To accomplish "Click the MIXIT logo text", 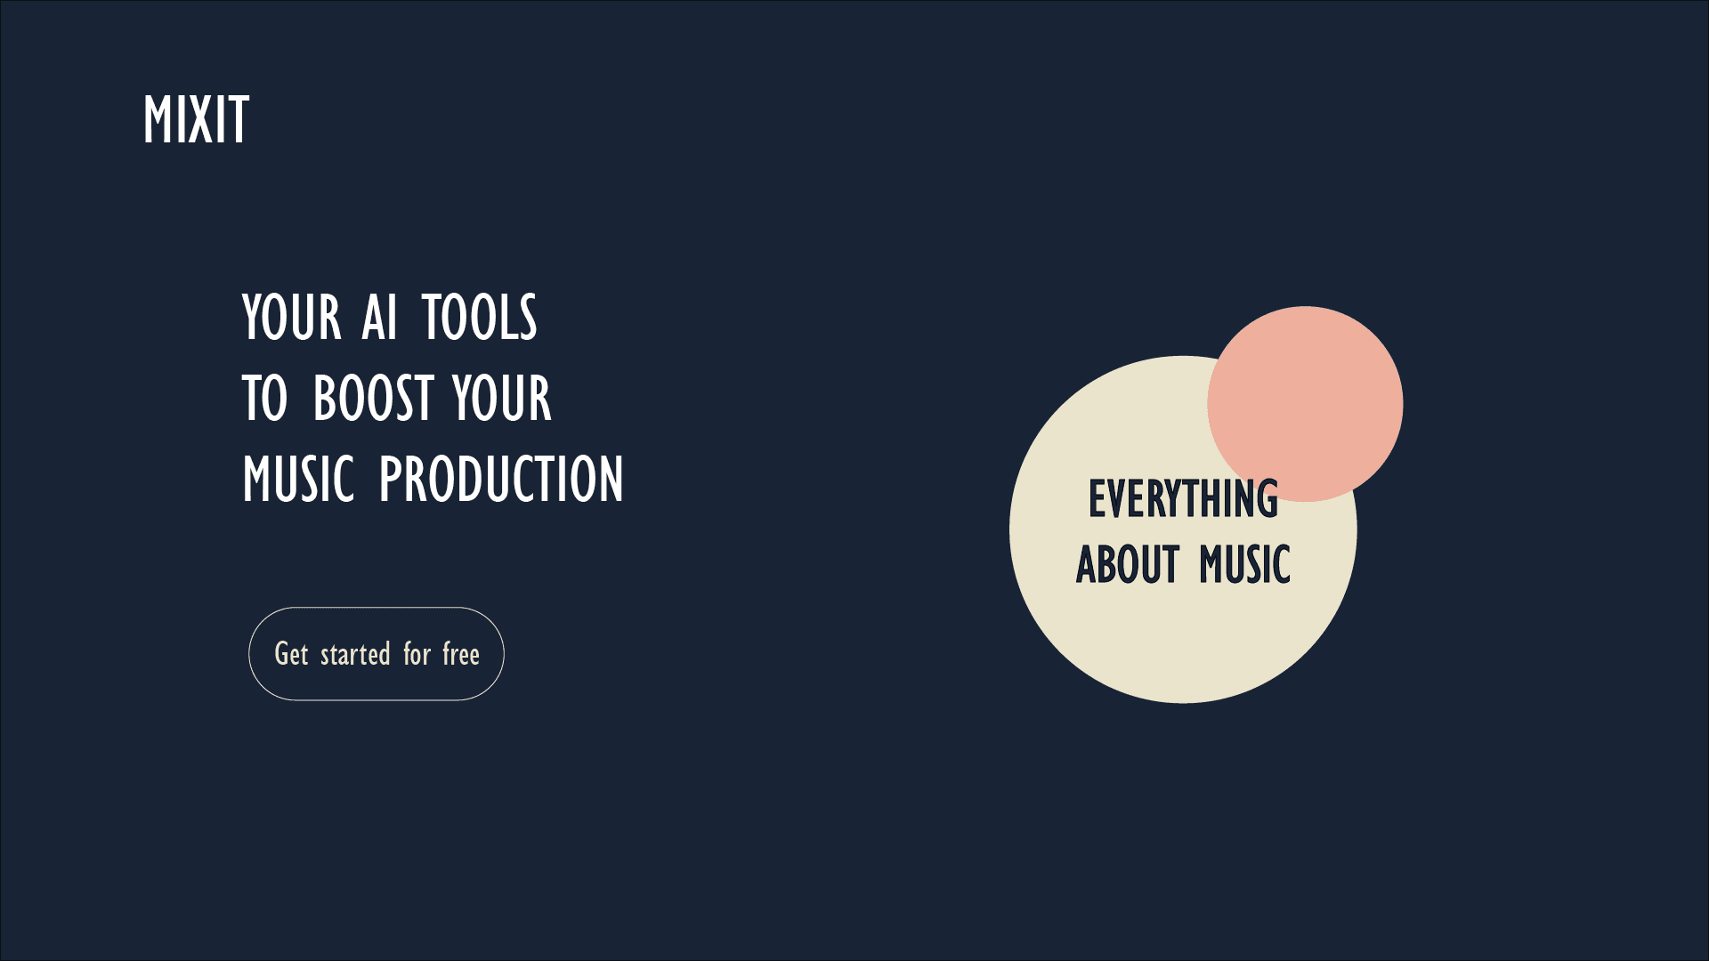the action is [x=196, y=119].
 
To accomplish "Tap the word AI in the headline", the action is [x=379, y=317].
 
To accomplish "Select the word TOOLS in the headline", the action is [x=480, y=317].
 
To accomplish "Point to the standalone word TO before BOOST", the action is [x=265, y=398].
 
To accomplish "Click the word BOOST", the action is [x=374, y=398].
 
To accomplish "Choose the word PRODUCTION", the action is [x=502, y=479].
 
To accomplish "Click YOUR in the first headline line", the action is [x=292, y=317].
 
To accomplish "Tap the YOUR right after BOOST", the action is [x=502, y=398].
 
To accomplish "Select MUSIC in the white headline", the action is [x=299, y=479].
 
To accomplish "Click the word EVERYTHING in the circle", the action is [x=1183, y=498].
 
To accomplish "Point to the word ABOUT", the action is [x=1128, y=564].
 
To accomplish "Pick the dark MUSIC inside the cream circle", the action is [x=1245, y=564].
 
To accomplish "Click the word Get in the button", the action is [x=291, y=654].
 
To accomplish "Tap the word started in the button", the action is [x=355, y=655].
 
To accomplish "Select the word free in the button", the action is [x=461, y=654].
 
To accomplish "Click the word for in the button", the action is [x=417, y=654].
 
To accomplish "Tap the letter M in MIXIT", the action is [x=158, y=119].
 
